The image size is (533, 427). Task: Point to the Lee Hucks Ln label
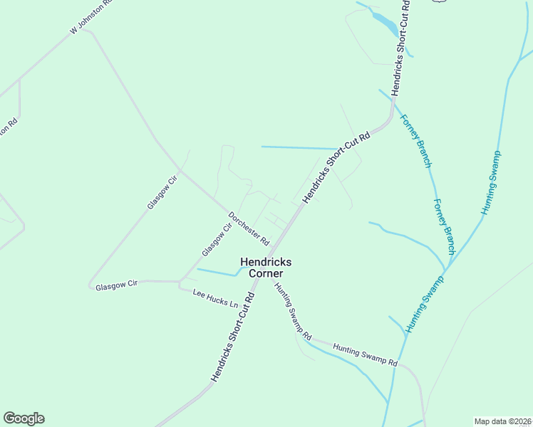215,297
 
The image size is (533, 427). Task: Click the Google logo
24,418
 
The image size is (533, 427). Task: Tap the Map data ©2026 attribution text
502,421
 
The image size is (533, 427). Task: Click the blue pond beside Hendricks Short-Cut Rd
385,23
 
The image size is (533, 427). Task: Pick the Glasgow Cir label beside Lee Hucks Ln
117,285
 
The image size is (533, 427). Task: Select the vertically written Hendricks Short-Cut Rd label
401,48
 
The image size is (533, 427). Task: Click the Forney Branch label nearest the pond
417,141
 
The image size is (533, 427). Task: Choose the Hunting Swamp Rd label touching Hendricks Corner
294,310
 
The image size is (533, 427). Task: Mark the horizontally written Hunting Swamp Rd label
365,352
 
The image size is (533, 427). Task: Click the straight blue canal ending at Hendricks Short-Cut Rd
299,148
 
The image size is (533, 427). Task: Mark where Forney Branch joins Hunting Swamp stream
447,271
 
